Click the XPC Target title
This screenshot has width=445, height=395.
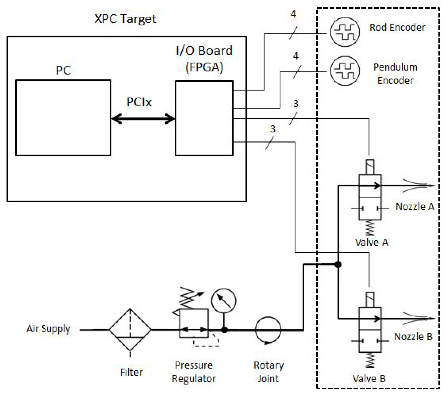(125, 19)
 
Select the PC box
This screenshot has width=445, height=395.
(63, 118)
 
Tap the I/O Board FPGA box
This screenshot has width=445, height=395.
(204, 118)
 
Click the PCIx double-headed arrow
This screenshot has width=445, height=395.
(143, 119)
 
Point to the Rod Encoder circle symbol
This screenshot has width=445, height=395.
(345, 32)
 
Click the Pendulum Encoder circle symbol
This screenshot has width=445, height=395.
(345, 70)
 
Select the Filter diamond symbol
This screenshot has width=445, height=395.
(130, 329)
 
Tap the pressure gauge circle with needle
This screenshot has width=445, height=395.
(224, 301)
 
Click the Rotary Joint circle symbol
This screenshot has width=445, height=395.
(268, 330)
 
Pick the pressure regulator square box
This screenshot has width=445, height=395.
(194, 323)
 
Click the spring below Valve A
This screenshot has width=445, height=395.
(370, 228)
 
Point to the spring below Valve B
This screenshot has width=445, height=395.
(370, 360)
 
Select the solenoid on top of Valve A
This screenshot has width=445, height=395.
(370, 167)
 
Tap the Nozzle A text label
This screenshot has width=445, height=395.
(415, 207)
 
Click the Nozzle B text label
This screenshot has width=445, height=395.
(413, 336)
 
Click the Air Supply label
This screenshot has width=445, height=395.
(48, 329)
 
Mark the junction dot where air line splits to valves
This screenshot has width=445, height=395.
(338, 264)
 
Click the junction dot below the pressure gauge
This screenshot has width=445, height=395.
(224, 330)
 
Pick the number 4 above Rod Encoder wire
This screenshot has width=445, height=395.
(293, 14)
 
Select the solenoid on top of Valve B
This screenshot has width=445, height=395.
(370, 299)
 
